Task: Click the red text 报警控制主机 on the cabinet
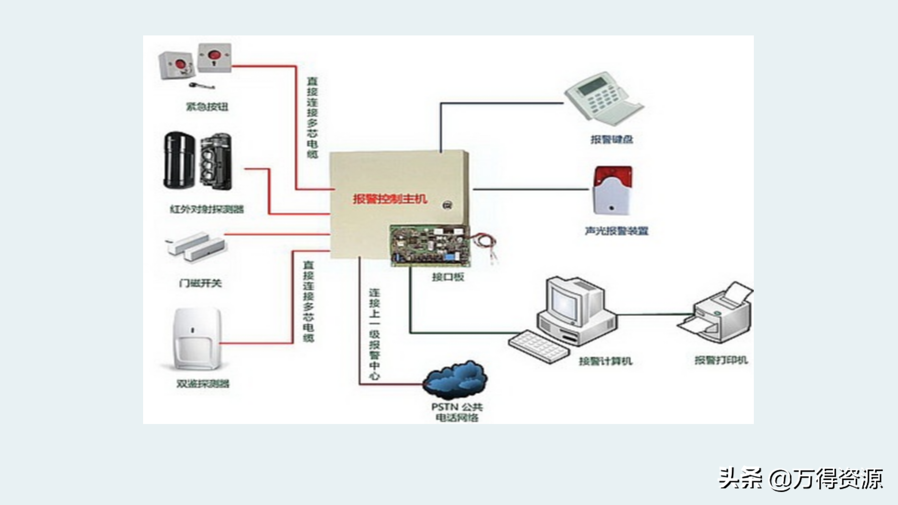390,199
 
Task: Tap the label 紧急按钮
207,107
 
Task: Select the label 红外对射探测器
207,209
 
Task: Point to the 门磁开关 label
200,283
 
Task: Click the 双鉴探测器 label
203,384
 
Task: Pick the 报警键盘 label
612,140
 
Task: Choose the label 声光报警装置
617,231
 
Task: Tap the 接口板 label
448,277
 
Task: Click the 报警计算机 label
605,361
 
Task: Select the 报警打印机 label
721,360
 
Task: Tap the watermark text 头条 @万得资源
800,479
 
